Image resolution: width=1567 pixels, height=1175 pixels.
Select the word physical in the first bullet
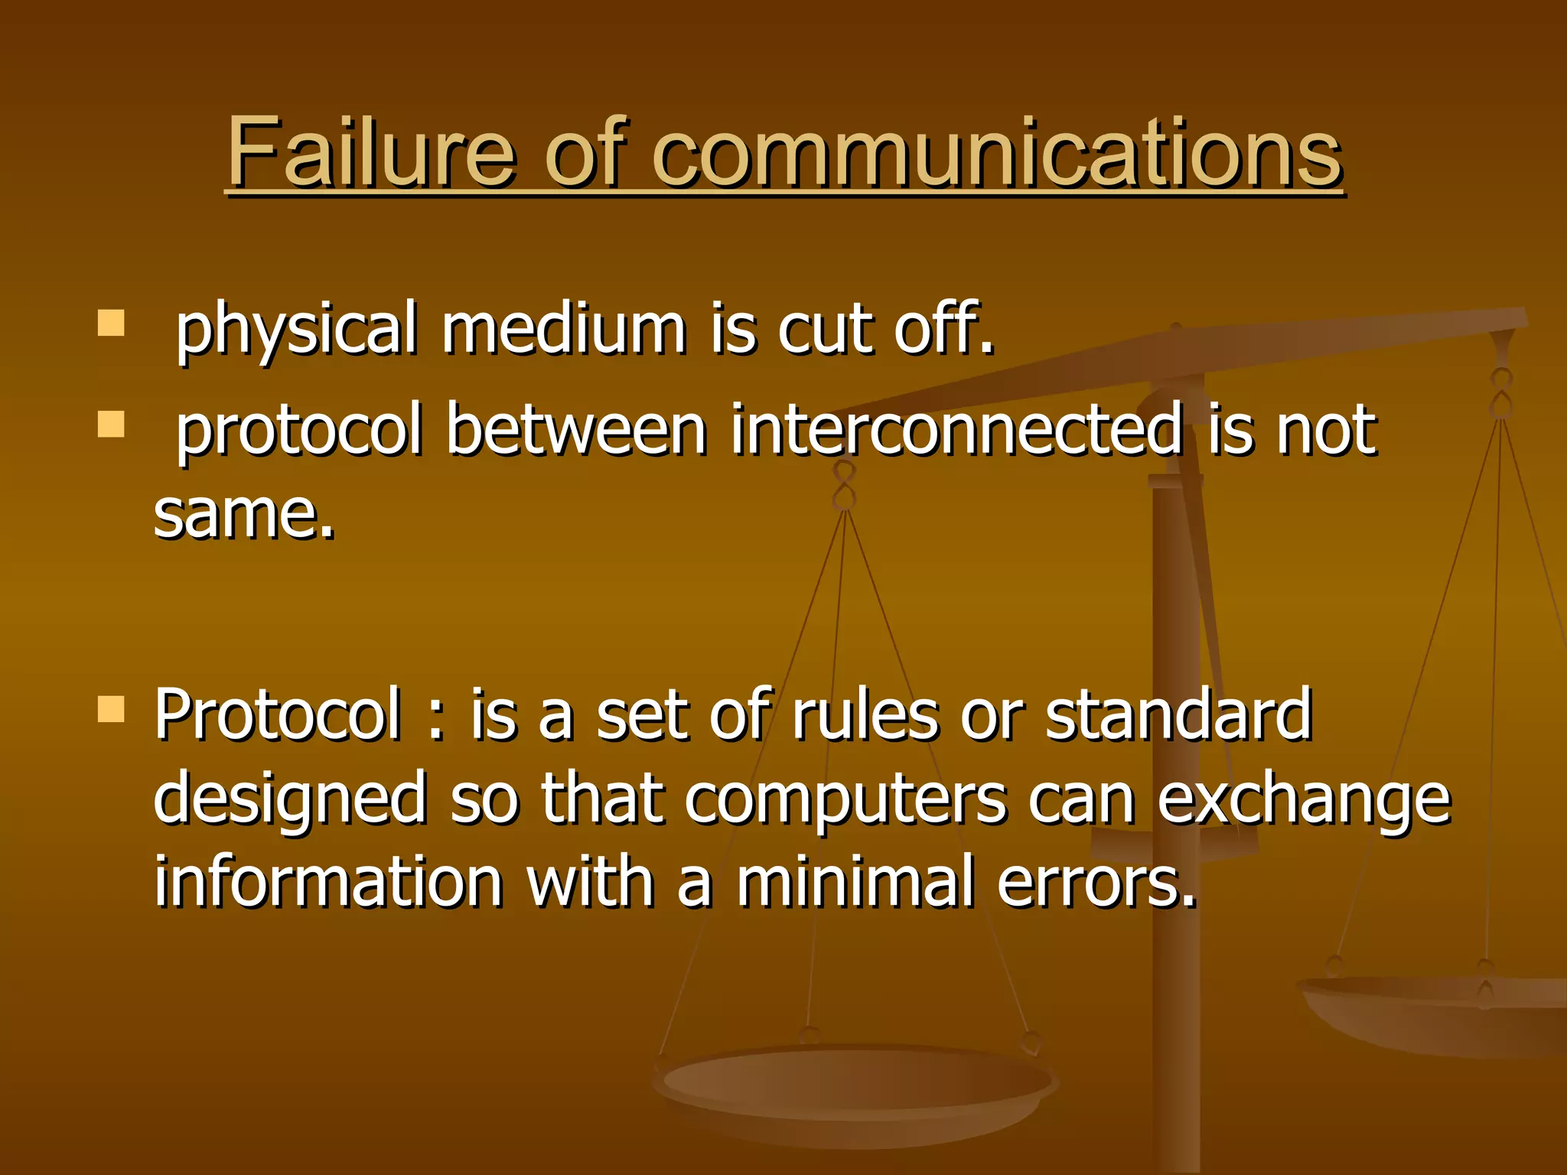[297, 330]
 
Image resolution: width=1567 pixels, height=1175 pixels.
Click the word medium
[564, 328]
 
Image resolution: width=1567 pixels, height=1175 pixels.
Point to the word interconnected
[956, 430]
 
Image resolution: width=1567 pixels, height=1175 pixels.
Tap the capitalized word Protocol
[278, 714]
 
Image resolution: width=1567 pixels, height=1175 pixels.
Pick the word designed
[290, 800]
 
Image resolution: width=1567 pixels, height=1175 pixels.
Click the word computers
[845, 800]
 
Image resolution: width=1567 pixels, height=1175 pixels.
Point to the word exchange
[1303, 800]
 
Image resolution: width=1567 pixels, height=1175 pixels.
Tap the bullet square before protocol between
[112, 424]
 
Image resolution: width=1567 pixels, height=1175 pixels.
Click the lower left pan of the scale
[855, 1086]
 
